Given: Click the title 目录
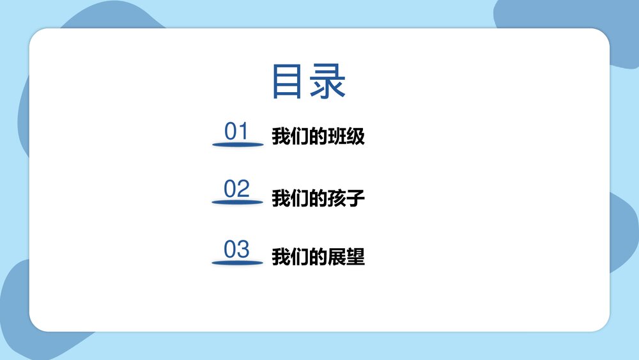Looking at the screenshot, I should click(309, 81).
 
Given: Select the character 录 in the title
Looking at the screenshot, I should click(328, 81).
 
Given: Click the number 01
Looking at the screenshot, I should click(236, 132).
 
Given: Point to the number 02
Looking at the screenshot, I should click(236, 189).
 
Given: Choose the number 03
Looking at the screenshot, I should click(236, 249).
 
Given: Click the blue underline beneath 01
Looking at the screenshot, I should click(238, 145).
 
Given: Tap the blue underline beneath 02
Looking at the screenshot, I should click(238, 203).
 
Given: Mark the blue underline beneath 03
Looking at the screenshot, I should click(238, 262).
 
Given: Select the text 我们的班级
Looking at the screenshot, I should click(318, 137).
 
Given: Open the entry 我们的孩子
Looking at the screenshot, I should click(318, 198).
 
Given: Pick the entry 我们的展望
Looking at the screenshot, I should click(318, 258).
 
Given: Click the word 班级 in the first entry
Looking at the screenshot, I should click(346, 137).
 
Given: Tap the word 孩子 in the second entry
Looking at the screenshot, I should click(346, 198).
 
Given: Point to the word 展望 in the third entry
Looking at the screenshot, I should click(346, 258).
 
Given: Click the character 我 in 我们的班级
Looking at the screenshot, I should click(281, 137).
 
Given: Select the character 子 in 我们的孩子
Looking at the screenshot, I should click(356, 198).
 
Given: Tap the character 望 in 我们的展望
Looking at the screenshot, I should click(356, 258).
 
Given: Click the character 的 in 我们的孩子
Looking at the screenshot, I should click(318, 198).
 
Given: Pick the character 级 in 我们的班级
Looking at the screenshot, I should click(356, 137).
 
